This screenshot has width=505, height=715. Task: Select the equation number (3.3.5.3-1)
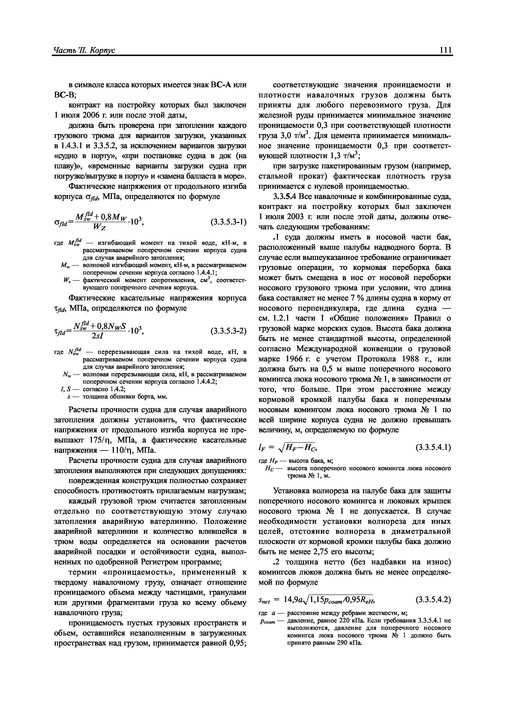tap(228, 222)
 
